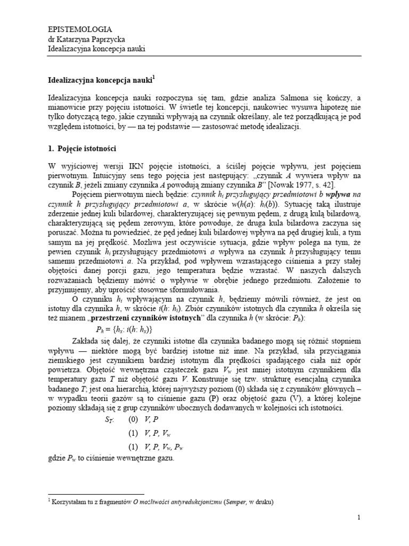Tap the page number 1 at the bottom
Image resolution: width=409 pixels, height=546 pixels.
[359, 518]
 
